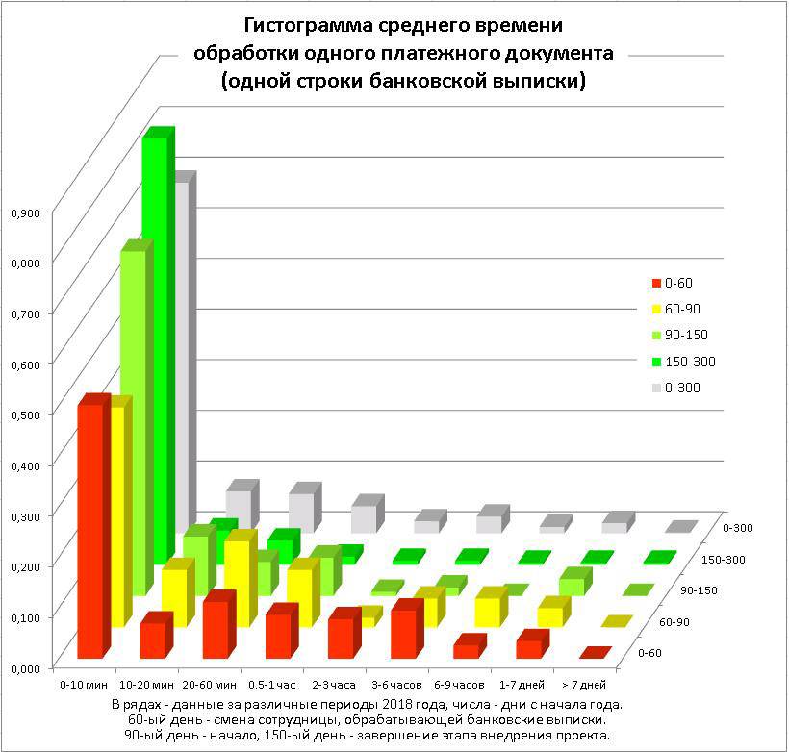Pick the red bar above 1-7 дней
point(528,647)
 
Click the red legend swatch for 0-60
point(656,283)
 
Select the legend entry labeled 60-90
point(686,309)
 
